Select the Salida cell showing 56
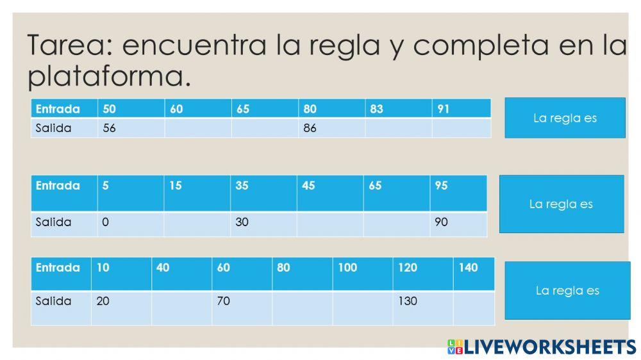coord(131,128)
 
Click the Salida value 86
coord(331,128)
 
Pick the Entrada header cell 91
coord(461,109)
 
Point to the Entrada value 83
coord(398,109)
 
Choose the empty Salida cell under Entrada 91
coord(461,128)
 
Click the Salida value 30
coord(263,223)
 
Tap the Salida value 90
coord(458,223)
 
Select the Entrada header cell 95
coord(458,193)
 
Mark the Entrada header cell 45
coord(329,193)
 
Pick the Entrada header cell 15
coord(197,193)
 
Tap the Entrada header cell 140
coord(474,274)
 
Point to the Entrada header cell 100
coord(362,274)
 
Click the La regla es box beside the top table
coord(565,118)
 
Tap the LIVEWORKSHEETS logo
coord(542,347)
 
